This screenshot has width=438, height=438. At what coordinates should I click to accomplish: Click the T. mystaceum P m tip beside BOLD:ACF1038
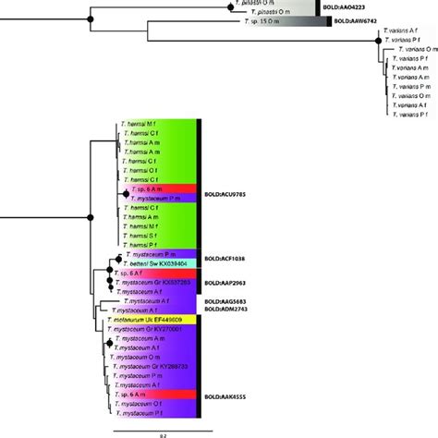coord(148,253)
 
